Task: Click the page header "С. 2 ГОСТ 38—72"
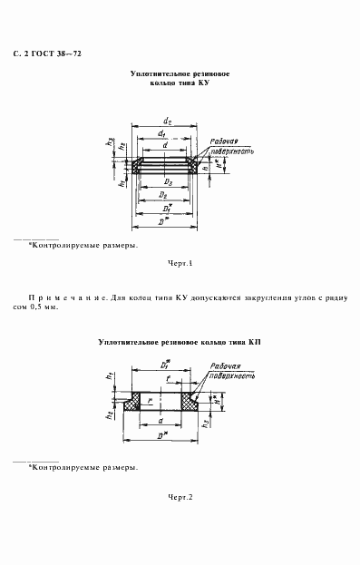pyautogui.click(x=52, y=55)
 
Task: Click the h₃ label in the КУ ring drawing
pyautogui.click(x=110, y=142)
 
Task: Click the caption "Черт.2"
pyautogui.click(x=180, y=498)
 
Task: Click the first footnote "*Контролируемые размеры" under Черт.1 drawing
pyautogui.click(x=83, y=246)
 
